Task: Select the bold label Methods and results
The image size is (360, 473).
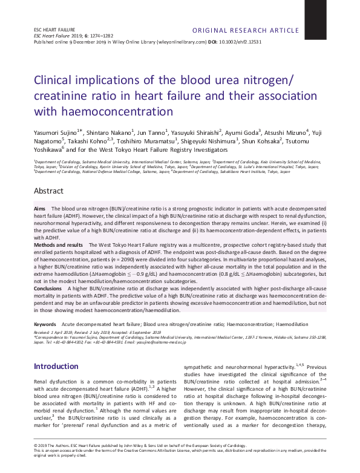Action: tap(58, 244)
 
